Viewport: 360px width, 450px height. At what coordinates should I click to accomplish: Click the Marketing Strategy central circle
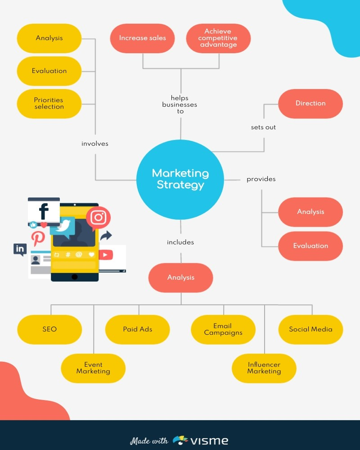180,180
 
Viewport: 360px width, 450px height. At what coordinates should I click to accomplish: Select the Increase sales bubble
142,38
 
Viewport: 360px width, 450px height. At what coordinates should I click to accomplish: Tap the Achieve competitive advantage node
218,38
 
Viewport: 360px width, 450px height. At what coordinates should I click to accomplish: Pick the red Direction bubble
310,103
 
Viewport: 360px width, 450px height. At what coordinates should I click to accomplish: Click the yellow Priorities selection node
49,103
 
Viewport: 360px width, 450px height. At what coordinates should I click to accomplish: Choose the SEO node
49,329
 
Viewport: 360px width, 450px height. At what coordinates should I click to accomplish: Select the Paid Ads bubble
138,329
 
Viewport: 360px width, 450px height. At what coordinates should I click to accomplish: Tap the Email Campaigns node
223,329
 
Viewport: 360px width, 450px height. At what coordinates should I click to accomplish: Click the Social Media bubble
310,329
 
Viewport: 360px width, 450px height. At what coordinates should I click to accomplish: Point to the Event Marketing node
93,368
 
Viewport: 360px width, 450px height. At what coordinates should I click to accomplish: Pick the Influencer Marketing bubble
264,368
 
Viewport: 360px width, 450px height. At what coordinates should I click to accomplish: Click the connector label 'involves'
95,144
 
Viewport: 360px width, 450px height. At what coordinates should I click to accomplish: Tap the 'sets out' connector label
263,127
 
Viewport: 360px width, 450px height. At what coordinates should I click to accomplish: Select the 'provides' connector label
261,179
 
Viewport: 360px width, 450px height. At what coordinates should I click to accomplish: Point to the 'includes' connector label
180,242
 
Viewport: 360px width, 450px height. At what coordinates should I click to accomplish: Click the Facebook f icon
44,211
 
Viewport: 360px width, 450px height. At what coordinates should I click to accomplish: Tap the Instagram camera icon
98,217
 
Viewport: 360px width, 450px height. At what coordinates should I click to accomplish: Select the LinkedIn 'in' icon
20,249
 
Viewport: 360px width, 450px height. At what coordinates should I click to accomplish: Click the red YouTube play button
106,255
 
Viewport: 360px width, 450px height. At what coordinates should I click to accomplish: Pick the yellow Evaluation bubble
49,71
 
